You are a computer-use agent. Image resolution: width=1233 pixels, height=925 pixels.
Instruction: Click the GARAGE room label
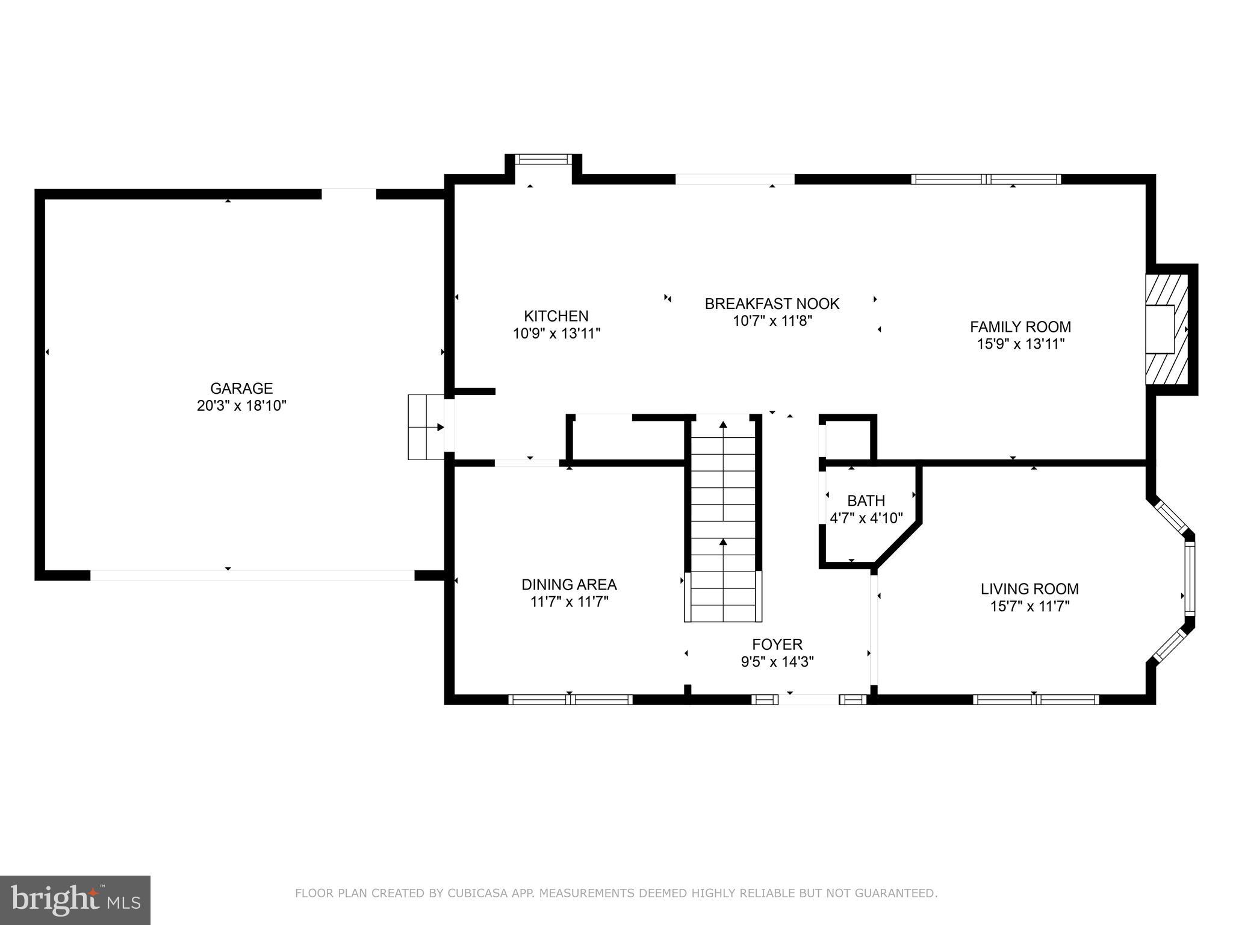click(x=241, y=388)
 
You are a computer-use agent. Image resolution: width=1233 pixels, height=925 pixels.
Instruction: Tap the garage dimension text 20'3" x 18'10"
click(x=241, y=406)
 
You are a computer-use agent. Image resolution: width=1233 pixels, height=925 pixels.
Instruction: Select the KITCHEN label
click(x=556, y=316)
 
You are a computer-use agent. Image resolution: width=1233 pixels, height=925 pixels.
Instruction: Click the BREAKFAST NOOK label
click(x=772, y=304)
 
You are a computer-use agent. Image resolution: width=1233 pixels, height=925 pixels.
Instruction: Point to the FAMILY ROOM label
click(x=1020, y=327)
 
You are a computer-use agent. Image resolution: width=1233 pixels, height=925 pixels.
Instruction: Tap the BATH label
click(x=866, y=500)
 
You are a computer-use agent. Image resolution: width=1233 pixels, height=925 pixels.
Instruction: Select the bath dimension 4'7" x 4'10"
click(x=866, y=518)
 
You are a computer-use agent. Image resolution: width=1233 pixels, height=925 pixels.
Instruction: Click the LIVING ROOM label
click(x=1030, y=589)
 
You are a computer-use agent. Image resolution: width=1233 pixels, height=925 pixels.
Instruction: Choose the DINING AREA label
click(x=569, y=585)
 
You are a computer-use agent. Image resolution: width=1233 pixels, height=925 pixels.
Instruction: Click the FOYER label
click(x=777, y=645)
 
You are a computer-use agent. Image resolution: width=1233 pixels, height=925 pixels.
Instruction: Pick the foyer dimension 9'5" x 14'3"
click(x=777, y=662)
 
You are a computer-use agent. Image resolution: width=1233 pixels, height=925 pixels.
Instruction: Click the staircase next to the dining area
click(x=723, y=518)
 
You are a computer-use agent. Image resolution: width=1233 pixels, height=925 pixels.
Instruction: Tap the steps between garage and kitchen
click(x=426, y=427)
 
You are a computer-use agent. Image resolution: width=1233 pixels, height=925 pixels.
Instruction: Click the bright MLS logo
click(x=75, y=900)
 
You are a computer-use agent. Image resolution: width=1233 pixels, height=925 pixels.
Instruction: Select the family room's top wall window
click(x=986, y=179)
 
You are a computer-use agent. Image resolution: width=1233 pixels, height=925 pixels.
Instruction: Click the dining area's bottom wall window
click(x=570, y=699)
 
